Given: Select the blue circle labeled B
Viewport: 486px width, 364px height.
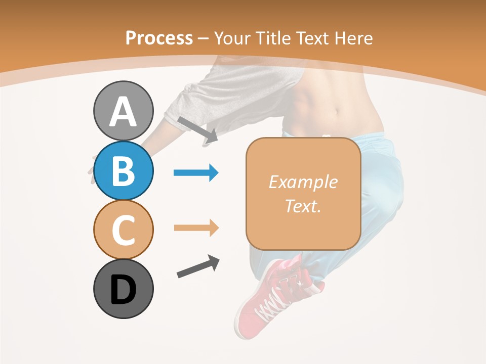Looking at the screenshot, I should point(123,171).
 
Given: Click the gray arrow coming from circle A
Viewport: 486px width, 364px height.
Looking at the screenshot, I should point(197,129).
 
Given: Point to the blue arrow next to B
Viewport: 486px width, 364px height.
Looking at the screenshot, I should point(195,173).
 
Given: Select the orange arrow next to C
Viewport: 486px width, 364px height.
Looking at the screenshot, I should point(195,228).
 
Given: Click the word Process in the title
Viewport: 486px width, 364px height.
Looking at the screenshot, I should point(159,38).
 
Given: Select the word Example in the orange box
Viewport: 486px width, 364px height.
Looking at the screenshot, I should point(303,182).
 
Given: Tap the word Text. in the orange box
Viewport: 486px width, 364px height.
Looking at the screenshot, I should point(303,206).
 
